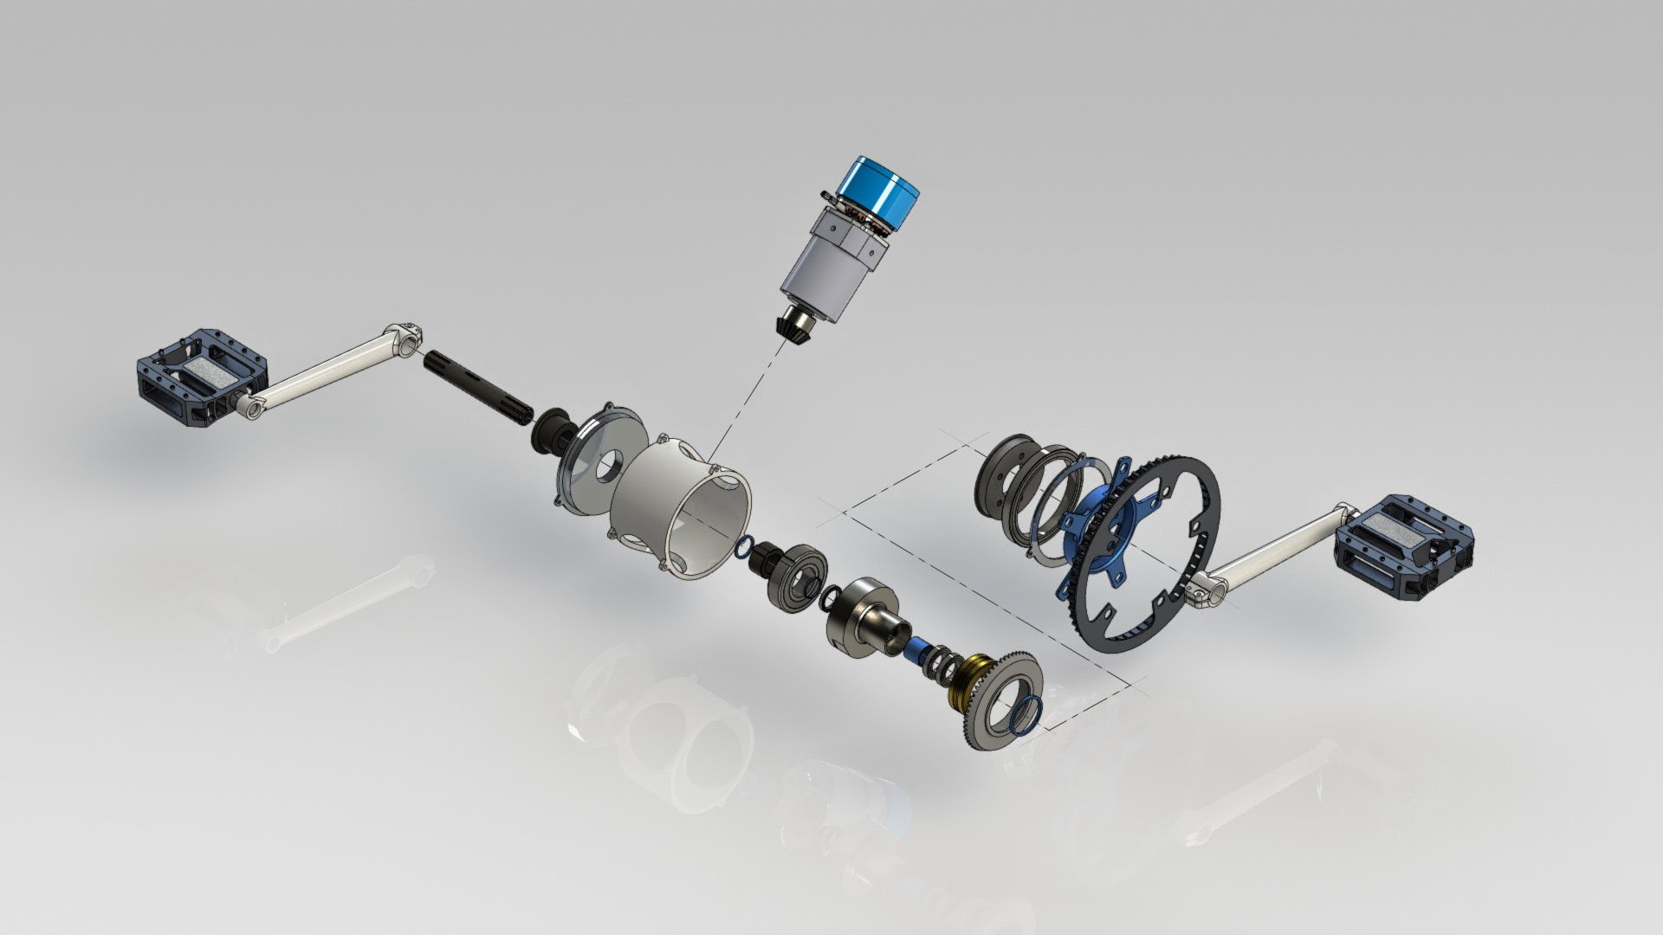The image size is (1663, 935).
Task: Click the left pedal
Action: click(201, 378)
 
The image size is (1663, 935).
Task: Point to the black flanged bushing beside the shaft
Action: click(549, 429)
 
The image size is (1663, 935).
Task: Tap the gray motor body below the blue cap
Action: click(823, 273)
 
